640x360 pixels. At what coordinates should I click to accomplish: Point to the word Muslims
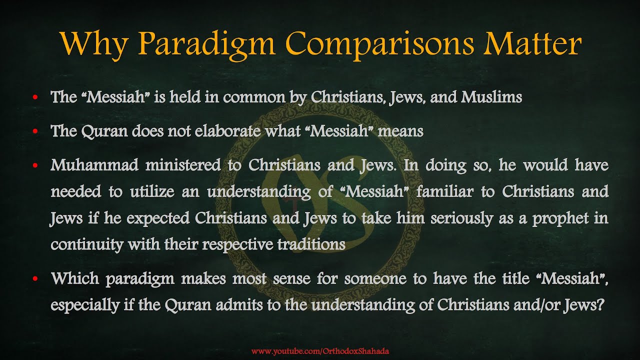(x=491, y=97)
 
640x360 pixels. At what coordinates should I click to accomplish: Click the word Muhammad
(x=94, y=165)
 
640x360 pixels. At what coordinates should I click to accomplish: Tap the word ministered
(x=182, y=165)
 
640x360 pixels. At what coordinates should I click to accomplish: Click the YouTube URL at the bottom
(x=320, y=351)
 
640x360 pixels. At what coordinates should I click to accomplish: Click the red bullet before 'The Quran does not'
(x=35, y=132)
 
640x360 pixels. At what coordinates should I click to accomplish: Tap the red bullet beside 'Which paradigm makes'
(x=35, y=279)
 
